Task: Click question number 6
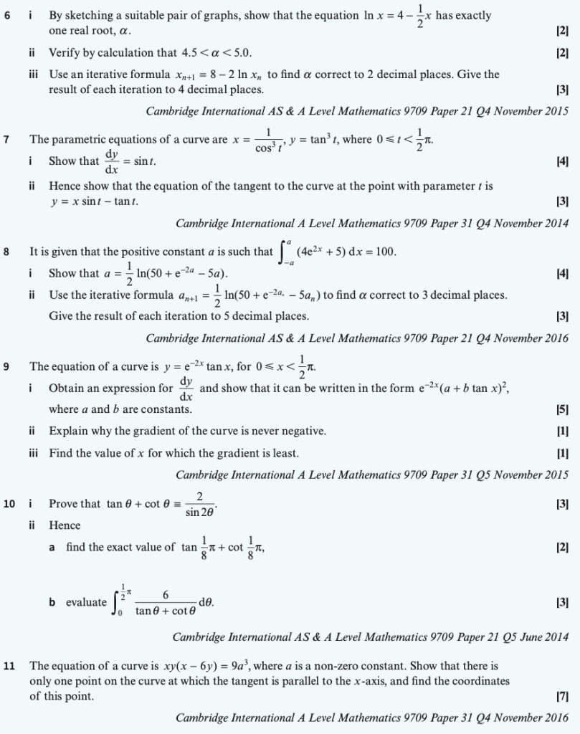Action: (x=6, y=15)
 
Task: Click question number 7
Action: (x=6, y=139)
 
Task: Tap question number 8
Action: (x=6, y=252)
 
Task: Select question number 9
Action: (x=6, y=366)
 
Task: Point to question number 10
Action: (x=9, y=504)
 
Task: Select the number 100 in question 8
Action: (x=385, y=252)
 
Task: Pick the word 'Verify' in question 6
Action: (x=65, y=53)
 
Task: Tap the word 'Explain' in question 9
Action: (x=67, y=432)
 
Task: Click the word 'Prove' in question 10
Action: (x=63, y=504)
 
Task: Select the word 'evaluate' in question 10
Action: (x=86, y=602)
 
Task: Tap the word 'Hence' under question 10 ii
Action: (x=65, y=525)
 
